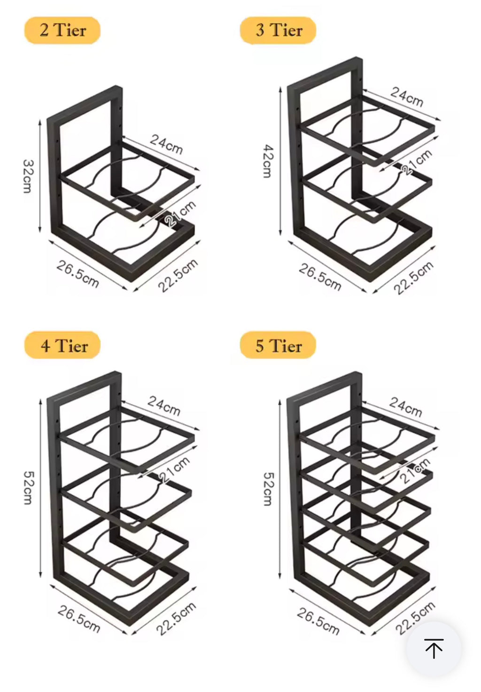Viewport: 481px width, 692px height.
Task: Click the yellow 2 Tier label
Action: [x=62, y=31]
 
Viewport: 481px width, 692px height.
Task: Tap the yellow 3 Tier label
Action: [x=278, y=31]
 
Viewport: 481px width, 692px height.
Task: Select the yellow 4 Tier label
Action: [x=63, y=346]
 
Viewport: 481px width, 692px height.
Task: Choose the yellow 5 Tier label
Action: [x=278, y=346]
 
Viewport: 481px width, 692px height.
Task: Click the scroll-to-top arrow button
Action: [x=434, y=649]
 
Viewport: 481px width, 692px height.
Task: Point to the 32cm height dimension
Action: [x=28, y=176]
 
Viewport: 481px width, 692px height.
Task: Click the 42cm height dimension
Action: [x=267, y=161]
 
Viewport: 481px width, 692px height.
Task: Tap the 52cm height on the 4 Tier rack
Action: [x=28, y=487]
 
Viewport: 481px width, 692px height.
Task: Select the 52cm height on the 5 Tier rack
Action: [x=267, y=489]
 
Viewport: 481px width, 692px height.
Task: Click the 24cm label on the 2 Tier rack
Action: [x=166, y=144]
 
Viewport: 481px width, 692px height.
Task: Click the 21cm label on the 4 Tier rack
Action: [x=174, y=469]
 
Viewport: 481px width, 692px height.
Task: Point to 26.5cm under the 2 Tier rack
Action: [x=78, y=273]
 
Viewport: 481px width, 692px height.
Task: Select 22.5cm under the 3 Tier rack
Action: [x=413, y=278]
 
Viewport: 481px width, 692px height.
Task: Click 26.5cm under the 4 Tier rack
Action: [x=78, y=619]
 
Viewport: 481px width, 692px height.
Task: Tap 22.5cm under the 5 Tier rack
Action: [x=415, y=617]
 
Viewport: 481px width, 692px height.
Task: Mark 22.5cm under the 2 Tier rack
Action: [x=177, y=275]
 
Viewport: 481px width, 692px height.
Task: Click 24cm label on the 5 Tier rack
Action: [x=406, y=406]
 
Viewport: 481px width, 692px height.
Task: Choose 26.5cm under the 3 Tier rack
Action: [x=320, y=277]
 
